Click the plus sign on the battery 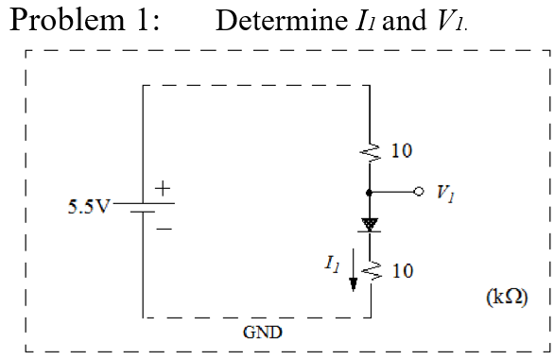162,190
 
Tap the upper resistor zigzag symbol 370,150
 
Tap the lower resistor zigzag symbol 370,272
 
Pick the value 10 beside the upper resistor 401,150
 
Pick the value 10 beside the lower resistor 401,272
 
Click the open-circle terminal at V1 417,192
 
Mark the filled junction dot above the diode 370,192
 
